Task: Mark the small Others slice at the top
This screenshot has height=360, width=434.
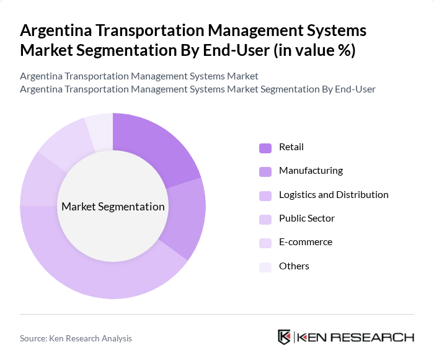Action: [x=100, y=130]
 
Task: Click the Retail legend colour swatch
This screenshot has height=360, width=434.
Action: [x=265, y=148]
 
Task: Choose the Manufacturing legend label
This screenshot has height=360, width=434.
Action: [x=311, y=171]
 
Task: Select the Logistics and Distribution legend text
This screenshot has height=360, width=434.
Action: [x=334, y=194]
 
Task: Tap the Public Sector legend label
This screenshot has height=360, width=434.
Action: [x=307, y=218]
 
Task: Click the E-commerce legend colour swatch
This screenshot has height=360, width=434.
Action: [x=265, y=243]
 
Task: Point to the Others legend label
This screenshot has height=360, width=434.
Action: [x=294, y=266]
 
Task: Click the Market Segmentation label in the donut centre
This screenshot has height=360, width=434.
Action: [x=113, y=207]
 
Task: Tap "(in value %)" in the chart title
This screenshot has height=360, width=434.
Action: [x=315, y=50]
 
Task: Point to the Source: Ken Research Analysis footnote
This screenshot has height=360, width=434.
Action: [x=76, y=338]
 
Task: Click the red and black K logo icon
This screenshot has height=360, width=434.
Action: [x=285, y=337]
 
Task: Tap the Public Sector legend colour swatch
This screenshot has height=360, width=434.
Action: [x=265, y=219]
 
